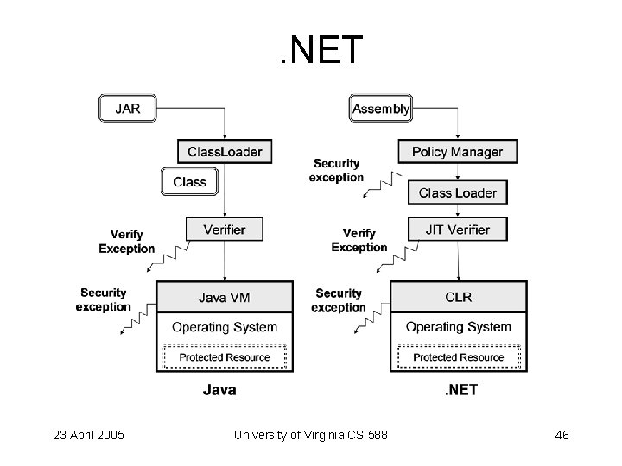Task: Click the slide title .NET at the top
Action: point(321,51)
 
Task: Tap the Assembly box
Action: point(380,110)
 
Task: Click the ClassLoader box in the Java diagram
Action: point(225,152)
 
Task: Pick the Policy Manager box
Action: point(457,152)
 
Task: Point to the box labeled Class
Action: point(189,182)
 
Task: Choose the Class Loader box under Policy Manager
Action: point(457,192)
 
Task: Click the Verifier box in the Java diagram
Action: point(225,230)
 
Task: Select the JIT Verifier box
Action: point(457,230)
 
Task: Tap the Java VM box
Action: point(225,297)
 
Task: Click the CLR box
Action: point(458,297)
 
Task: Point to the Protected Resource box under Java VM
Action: point(225,357)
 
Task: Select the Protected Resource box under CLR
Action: point(458,357)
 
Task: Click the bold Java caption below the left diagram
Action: point(219,390)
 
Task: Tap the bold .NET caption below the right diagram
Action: point(460,390)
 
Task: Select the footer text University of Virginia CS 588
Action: point(311,435)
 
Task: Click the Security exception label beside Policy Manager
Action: point(336,170)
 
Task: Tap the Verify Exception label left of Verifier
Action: point(127,241)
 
